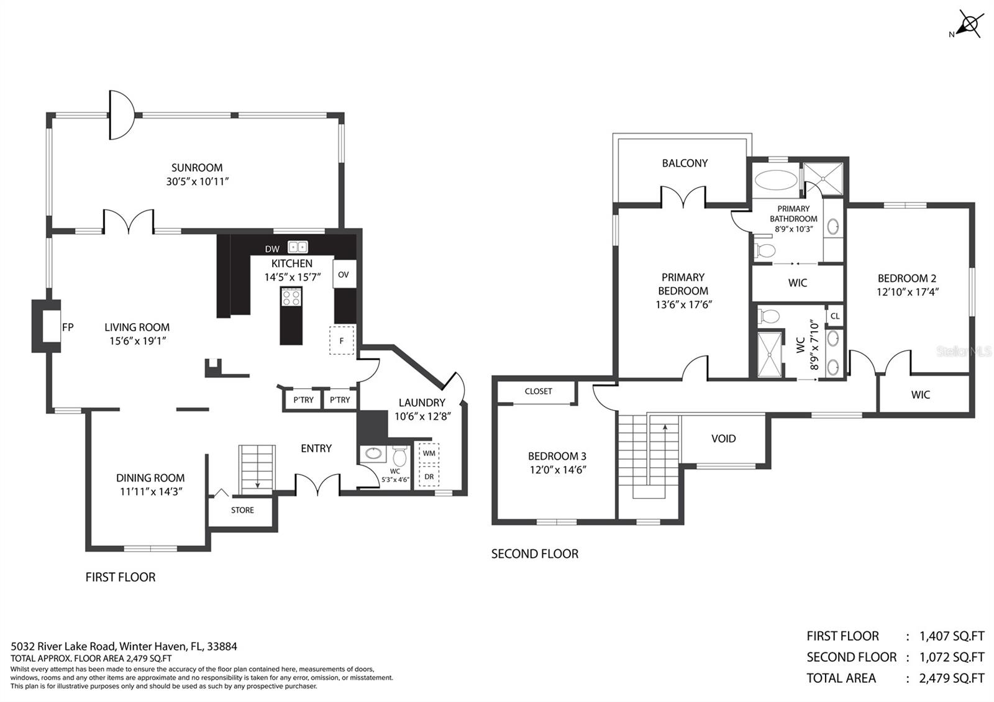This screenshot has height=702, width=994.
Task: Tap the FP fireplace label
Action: tap(68, 327)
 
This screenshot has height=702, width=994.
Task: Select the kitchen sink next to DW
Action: tap(298, 247)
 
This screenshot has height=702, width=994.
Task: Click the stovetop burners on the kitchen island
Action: tap(291, 298)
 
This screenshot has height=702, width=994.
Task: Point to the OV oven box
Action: tap(344, 275)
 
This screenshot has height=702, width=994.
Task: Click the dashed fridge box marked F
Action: tap(342, 340)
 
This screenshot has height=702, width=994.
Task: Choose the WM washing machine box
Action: tap(429, 454)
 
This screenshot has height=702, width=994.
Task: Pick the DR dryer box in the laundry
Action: tap(429, 476)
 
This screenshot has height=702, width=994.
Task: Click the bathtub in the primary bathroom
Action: tap(776, 180)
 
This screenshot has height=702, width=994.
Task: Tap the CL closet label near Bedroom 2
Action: tap(835, 316)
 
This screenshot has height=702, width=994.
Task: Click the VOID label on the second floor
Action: tap(723, 439)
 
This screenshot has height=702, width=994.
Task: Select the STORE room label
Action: tap(242, 510)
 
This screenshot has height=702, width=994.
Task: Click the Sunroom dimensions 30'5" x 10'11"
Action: tap(197, 181)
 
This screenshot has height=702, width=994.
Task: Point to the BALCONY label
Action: tap(685, 163)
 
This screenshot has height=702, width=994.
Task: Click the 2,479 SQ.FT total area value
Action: tap(951, 678)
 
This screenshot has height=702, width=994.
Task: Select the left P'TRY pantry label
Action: tap(304, 400)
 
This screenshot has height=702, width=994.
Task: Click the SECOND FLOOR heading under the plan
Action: tap(535, 554)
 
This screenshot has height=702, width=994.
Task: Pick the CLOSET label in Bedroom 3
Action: tap(538, 391)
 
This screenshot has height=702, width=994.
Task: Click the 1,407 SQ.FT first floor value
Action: tap(952, 636)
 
